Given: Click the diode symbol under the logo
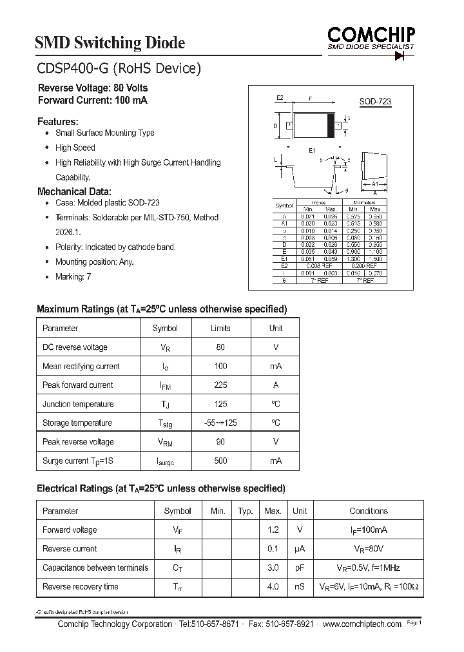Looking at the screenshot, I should point(403,57).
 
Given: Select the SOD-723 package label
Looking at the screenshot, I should point(374,102).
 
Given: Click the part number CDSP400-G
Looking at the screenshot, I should point(72,68).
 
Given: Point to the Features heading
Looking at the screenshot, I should point(58,121).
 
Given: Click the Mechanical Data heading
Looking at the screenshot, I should point(74,191).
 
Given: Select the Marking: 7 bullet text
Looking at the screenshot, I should point(73,276).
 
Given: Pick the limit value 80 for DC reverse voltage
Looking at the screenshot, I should point(220,347).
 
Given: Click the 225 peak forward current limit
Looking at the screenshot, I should point(220,385).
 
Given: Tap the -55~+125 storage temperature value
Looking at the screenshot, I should point(220,423).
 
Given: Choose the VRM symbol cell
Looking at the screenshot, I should point(165,443).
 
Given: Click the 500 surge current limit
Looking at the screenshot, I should point(220,461).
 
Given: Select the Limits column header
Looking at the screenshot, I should point(220,329).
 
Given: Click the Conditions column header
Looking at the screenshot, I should point(369,511).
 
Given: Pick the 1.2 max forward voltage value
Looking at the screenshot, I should point(273,530).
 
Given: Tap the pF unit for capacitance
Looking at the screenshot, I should point(300,568).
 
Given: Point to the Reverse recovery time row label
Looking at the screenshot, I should point(81,587).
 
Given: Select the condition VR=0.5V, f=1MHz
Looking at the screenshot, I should point(369,568).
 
